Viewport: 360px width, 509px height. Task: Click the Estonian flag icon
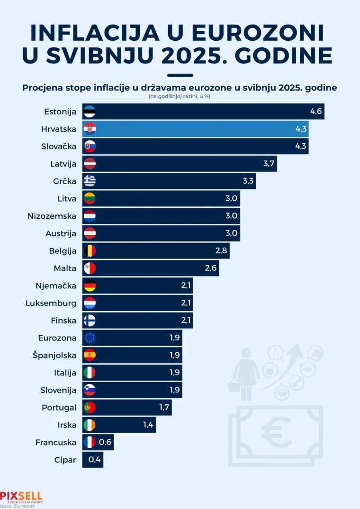click(90, 112)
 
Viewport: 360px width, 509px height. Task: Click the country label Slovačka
click(59, 146)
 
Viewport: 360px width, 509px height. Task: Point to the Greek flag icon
click(90, 181)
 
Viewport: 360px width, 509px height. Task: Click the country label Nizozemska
click(52, 216)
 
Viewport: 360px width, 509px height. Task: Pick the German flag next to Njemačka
click(90, 286)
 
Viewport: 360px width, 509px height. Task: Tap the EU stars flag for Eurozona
click(90, 338)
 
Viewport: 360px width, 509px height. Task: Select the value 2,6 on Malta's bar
click(211, 268)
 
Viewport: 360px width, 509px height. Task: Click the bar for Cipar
click(93, 459)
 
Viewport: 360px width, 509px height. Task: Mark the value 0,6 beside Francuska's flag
click(105, 442)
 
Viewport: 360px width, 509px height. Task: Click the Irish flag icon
click(90, 425)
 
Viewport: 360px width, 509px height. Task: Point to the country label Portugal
click(59, 407)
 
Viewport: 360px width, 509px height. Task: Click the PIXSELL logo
click(21, 496)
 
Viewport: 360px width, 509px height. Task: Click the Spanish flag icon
click(90, 355)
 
